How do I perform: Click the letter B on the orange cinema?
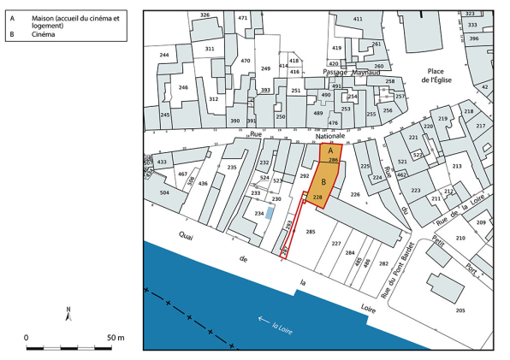click(x=323, y=182)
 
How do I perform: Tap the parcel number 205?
click(x=460, y=310)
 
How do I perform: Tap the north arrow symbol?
click(x=68, y=313)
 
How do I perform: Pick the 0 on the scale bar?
click(x=27, y=337)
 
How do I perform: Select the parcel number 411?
click(x=358, y=19)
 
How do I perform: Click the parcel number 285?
click(x=311, y=231)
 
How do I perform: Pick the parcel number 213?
click(x=457, y=166)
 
